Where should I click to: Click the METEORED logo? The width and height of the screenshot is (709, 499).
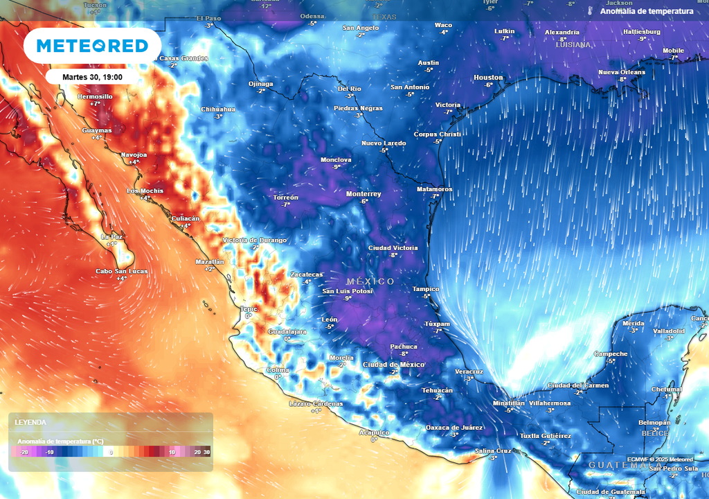pos(92,46)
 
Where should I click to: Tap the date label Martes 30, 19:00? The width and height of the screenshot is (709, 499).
pos(92,76)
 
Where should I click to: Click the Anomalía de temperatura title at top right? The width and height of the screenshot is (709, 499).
pos(646,11)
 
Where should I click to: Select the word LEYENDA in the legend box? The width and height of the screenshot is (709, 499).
pos(31,422)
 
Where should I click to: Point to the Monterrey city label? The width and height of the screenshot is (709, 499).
pos(364,193)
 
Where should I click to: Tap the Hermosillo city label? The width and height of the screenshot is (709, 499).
pos(95,96)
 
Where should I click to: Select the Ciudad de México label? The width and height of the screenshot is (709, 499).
pos(393,365)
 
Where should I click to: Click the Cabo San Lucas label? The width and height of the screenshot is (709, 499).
pos(121,271)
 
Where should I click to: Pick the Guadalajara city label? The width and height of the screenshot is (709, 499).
pos(287,331)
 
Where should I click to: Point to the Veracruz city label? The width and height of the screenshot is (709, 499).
pos(469,371)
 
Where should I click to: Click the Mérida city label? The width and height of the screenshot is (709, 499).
pos(634,323)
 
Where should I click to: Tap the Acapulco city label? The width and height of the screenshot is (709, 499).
pos(373,432)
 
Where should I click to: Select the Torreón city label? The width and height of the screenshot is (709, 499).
pos(285,198)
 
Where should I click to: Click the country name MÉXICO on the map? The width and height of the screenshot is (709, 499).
pos(370,281)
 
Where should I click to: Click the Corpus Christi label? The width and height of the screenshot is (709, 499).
pos(437,134)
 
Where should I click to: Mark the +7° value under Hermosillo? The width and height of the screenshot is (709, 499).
pos(95,103)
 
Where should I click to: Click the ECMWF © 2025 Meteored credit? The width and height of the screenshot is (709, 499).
pos(660,459)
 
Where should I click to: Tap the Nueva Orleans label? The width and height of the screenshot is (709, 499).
pos(621,72)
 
